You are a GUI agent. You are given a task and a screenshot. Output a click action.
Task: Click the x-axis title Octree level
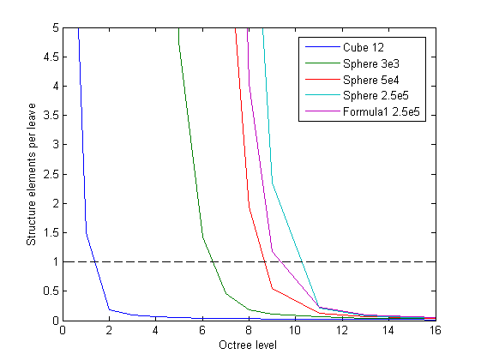249,346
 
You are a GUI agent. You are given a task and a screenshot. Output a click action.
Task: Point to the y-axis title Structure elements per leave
32,175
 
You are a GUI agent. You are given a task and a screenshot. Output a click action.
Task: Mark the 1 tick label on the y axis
53,262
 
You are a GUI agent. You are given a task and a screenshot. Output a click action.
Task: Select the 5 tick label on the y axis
53,28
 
